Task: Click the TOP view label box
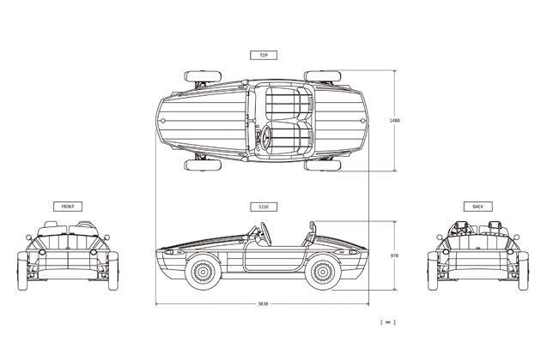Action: [x=264, y=55]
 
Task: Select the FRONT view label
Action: [x=68, y=207]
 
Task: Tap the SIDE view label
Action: [x=264, y=207]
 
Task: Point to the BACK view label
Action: [x=477, y=207]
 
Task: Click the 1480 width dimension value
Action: [x=394, y=121]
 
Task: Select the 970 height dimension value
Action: [x=394, y=256]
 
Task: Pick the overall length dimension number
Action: [x=263, y=303]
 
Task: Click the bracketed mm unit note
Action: [x=388, y=322]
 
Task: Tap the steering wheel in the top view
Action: [x=265, y=137]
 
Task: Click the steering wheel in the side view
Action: [x=265, y=233]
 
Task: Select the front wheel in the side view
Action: [x=203, y=272]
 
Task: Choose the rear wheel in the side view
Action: [x=322, y=272]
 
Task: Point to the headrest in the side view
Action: [x=313, y=226]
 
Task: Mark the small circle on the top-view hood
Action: [x=163, y=121]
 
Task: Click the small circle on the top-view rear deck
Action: [x=362, y=121]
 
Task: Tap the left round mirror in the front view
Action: [x=28, y=237]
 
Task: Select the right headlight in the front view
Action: [x=93, y=252]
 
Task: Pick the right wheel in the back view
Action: [x=524, y=271]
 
